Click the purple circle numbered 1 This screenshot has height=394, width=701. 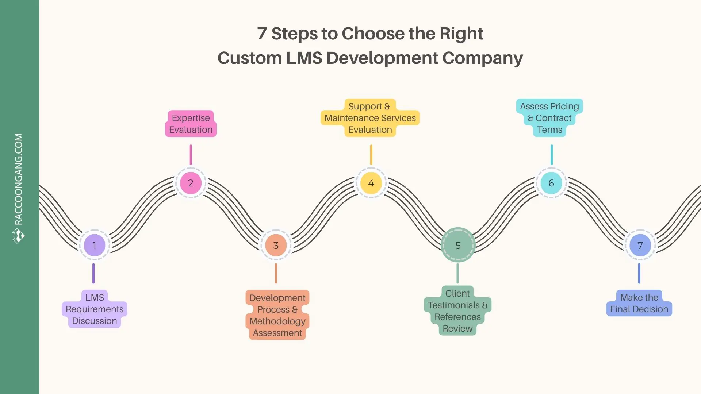tap(94, 245)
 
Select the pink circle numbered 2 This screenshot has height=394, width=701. tap(191, 183)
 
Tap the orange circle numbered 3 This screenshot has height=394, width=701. tap(276, 245)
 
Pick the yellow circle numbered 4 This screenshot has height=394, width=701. tap(371, 183)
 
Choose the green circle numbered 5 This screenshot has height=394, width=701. tap(458, 245)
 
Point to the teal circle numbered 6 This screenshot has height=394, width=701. tap(551, 183)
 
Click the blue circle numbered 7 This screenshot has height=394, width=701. tap(640, 245)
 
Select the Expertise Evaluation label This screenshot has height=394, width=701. tap(191, 124)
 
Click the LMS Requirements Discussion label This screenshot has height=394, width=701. tap(95, 309)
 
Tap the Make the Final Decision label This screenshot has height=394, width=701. tap(639, 303)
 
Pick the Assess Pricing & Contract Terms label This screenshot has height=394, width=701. tap(549, 118)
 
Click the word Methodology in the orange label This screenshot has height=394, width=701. tap(277, 321)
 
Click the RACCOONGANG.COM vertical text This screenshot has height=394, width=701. tap(19, 179)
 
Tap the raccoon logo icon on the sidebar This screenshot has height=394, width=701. tap(18, 236)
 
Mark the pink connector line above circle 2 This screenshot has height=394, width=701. tap(191, 155)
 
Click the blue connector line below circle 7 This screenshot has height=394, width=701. tap(639, 273)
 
